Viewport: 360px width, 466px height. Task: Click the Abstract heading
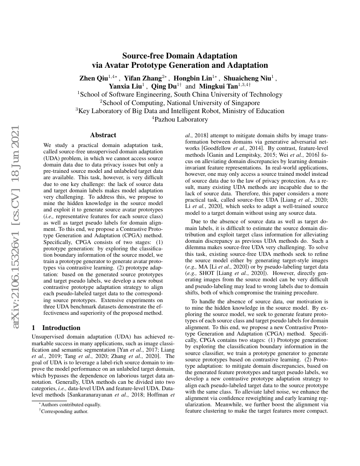click(103, 135)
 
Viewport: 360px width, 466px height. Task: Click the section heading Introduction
click(61, 327)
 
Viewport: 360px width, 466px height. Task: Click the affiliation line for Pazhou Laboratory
click(180, 119)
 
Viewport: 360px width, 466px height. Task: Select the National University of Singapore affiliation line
click(180, 103)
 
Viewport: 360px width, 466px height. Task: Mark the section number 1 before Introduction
click(34, 327)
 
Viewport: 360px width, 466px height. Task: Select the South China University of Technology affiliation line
click(180, 94)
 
